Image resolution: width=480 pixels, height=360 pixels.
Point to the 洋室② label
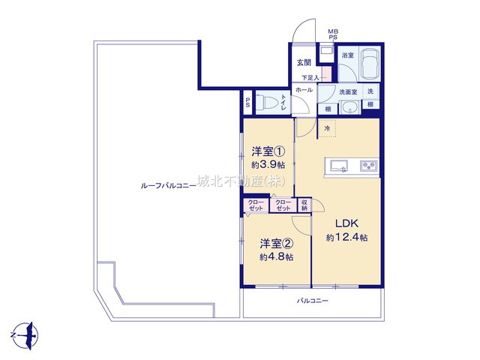coord(275,243)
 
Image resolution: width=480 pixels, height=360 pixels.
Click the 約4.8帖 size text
coord(276,257)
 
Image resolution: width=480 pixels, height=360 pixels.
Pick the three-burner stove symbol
coord(369,165)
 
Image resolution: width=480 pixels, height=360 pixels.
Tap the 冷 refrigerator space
coord(328,128)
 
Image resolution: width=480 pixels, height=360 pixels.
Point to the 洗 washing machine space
coord(370,91)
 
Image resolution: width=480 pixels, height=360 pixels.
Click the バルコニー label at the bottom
coord(312,301)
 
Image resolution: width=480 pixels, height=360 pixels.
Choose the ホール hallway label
coord(304,90)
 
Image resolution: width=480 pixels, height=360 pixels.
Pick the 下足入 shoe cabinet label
coord(310,77)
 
